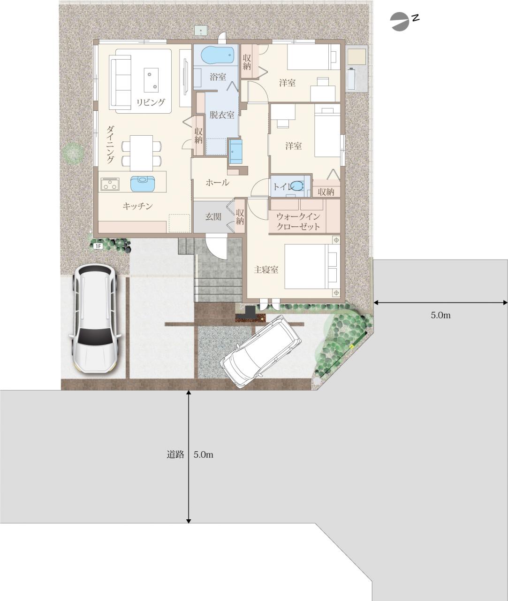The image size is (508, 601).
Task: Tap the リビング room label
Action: tap(151, 102)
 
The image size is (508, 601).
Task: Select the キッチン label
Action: tap(138, 206)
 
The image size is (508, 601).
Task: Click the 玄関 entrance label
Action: tap(213, 216)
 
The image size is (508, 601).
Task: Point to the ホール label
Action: tap(218, 183)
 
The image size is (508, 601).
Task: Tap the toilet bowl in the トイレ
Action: tap(297, 186)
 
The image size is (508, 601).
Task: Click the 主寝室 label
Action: tap(266, 270)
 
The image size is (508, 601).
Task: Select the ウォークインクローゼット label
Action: tap(298, 222)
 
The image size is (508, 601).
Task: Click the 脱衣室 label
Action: tap(222, 115)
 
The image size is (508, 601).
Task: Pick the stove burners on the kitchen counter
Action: tap(110, 184)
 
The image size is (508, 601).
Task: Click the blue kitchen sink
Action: tap(142, 184)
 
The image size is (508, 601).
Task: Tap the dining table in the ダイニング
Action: tap(142, 153)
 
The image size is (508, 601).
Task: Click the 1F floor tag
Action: tap(99, 247)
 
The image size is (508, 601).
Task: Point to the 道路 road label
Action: tap(175, 454)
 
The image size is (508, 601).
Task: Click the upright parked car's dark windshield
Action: tap(95, 337)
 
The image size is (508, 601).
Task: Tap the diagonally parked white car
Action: tap(261, 352)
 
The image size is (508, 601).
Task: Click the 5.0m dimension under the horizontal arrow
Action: tap(440, 315)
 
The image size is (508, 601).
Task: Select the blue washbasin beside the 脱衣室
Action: tap(236, 151)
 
